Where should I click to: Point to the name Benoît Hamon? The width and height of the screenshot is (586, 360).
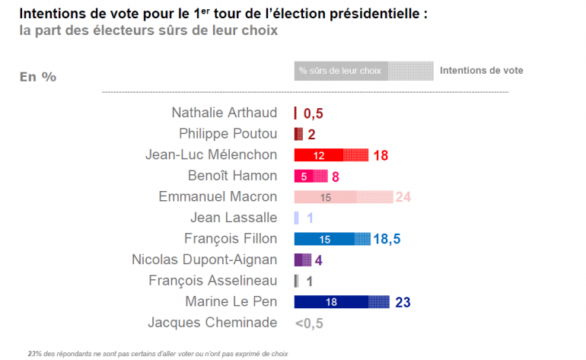pos(231,176)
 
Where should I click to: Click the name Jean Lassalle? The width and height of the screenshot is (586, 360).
pos(234,218)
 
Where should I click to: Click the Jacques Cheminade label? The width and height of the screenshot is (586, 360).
pos(212,322)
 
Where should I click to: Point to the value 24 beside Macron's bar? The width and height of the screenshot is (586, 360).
pos(403,197)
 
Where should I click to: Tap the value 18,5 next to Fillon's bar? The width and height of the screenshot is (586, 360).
pos(387,239)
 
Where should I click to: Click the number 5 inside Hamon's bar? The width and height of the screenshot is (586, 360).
pos(304,177)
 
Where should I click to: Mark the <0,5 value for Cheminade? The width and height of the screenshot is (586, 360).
pos(309,323)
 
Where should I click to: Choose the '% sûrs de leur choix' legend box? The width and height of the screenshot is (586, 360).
pos(341,71)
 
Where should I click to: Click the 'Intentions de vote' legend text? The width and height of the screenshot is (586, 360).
pos(481,71)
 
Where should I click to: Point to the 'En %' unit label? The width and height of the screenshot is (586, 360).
pos(37,77)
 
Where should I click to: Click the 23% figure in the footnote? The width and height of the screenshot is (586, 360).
pos(35,353)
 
